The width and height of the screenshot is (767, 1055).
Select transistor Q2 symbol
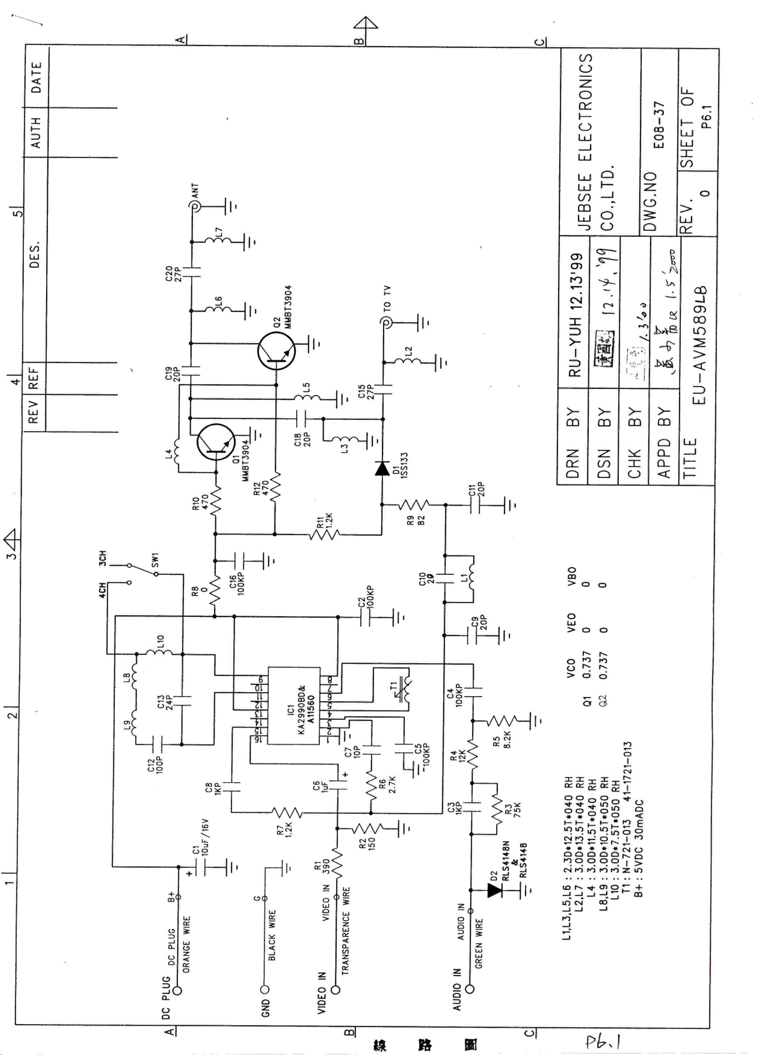coord(276,352)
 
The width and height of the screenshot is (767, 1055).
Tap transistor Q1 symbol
coord(216,442)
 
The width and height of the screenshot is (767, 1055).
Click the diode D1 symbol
coord(382,469)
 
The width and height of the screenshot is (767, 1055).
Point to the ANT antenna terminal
coord(192,206)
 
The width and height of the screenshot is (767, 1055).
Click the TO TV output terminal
coord(385,322)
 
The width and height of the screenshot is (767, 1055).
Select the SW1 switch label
coord(155,560)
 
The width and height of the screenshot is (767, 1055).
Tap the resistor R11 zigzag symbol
coord(324,534)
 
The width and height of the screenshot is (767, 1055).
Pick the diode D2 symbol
coord(494,890)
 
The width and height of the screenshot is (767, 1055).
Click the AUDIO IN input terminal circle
coord(470,989)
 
